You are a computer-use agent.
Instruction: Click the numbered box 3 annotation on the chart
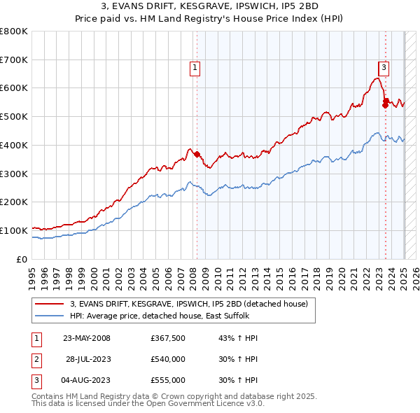384,68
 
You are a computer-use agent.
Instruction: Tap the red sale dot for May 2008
197,154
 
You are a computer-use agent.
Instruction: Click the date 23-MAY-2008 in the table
87,338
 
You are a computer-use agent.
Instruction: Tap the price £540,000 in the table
168,359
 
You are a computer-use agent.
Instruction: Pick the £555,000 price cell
168,380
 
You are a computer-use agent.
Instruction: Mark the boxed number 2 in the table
36,359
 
